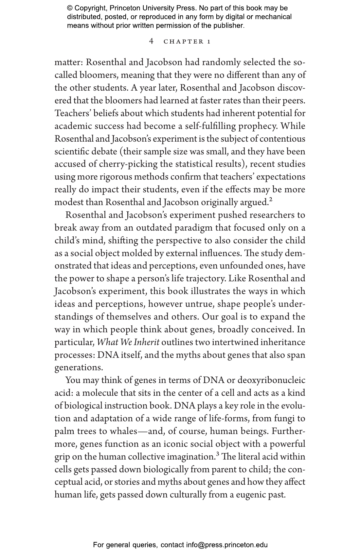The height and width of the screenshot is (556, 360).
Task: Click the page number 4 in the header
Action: click(151, 41)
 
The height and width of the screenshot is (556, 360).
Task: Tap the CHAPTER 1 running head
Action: click(187, 42)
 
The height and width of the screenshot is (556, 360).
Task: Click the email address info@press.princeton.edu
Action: click(227, 545)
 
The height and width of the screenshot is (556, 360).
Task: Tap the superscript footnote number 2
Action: click(271, 200)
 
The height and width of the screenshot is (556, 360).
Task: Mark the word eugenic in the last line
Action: click(250, 495)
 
